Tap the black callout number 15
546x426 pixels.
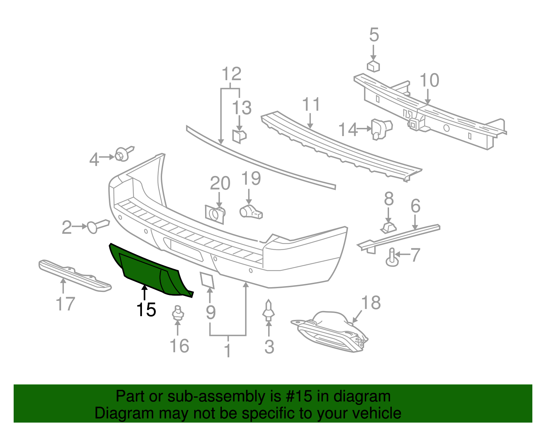[146, 310]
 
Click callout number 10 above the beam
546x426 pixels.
[429, 80]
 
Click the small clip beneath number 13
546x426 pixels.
[239, 135]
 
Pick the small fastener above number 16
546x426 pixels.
[177, 313]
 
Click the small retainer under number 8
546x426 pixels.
[388, 227]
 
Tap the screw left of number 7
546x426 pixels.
[392, 258]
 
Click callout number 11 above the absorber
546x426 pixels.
[311, 104]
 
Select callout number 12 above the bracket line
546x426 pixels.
[231, 74]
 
